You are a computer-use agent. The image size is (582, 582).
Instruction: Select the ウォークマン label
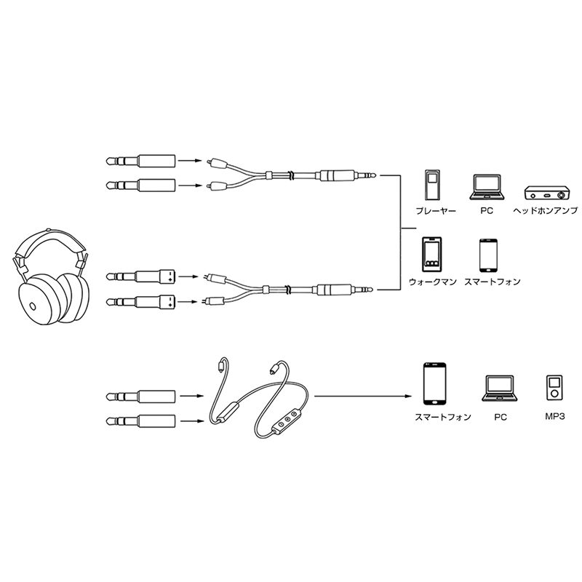432,281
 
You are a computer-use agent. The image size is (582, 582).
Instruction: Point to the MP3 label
553,418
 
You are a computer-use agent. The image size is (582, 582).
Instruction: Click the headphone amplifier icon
546,193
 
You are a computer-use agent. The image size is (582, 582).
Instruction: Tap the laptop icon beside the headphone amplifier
488,188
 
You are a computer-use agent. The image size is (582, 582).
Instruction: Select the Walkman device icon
431,254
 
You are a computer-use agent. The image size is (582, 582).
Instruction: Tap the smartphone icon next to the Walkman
487,255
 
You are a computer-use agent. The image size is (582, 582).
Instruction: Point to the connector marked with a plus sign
167,277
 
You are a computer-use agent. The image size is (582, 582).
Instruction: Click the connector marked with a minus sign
167,300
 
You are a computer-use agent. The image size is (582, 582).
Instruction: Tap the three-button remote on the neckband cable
288,421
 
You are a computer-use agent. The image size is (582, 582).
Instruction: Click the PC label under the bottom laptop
500,418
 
